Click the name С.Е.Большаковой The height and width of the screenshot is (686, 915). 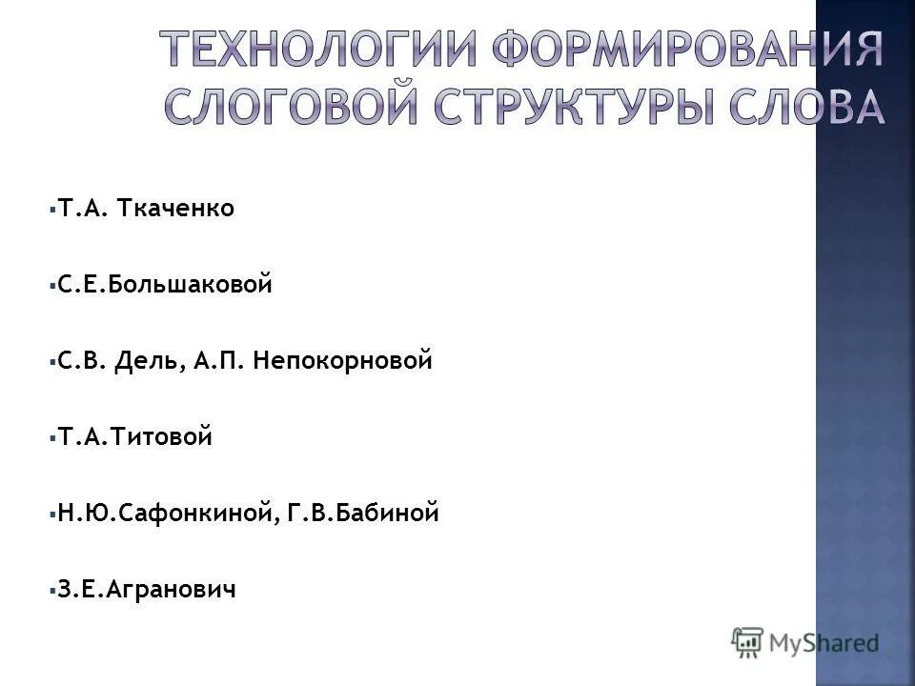tap(165, 285)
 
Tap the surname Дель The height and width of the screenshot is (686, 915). tap(145, 361)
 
